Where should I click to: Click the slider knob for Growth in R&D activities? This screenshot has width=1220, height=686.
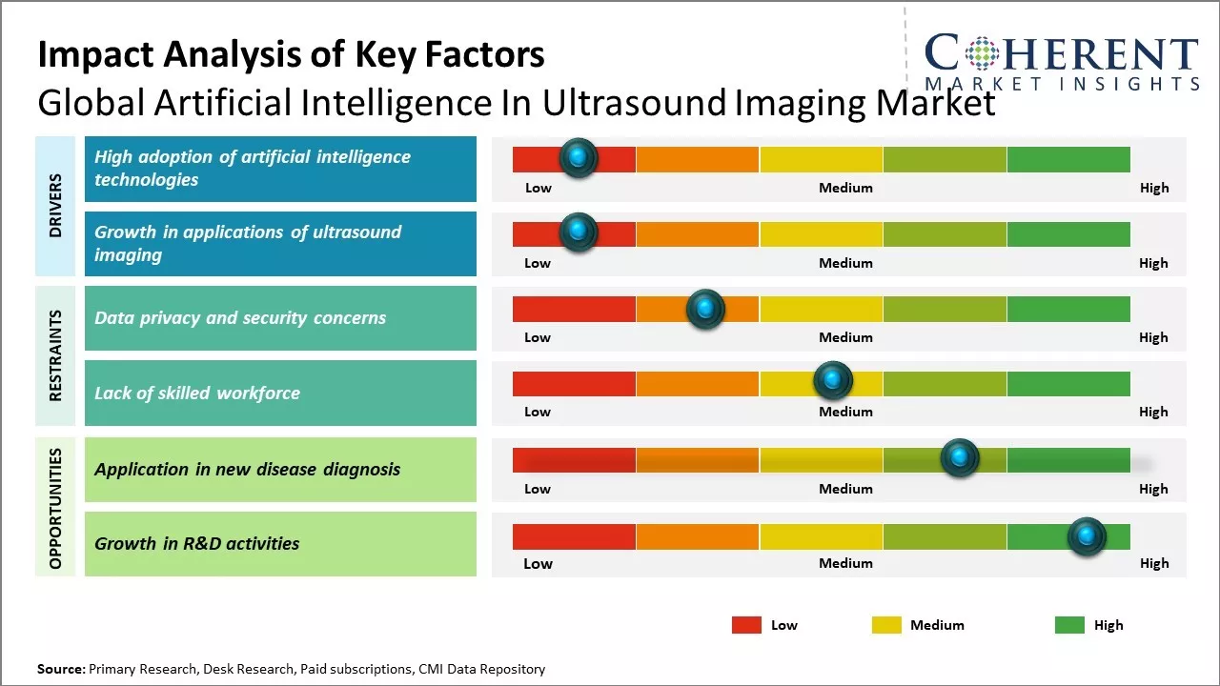pos(1087,536)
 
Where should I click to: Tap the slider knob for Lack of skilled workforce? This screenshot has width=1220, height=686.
pos(833,380)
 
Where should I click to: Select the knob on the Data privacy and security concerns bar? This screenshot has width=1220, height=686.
pos(705,309)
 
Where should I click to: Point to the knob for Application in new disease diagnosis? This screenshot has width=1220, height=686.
pos(960,457)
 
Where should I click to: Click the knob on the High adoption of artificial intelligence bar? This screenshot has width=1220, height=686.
pos(579,158)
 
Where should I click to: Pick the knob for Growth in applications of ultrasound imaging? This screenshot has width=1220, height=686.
pos(579,232)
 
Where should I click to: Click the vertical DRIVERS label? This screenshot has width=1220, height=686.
pos(55,206)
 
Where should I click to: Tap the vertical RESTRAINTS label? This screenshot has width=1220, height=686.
pos(55,355)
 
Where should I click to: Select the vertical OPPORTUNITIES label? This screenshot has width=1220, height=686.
pos(55,509)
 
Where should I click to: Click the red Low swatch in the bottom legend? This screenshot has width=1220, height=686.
pos(746,625)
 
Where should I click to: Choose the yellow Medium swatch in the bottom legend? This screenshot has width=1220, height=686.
pos(886,625)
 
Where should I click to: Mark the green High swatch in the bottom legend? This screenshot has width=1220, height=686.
pos(1069,625)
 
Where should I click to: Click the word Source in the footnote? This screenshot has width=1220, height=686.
pos(61,669)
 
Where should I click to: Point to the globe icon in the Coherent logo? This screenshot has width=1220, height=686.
pos(982,52)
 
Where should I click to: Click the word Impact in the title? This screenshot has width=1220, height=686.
pos(96,55)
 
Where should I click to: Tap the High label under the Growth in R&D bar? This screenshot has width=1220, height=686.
pos(1154,563)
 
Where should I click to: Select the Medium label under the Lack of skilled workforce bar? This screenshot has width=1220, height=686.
pos(845,412)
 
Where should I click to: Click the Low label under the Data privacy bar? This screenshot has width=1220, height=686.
pos(538,337)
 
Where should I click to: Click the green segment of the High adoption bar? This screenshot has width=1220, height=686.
pos(1068,159)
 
